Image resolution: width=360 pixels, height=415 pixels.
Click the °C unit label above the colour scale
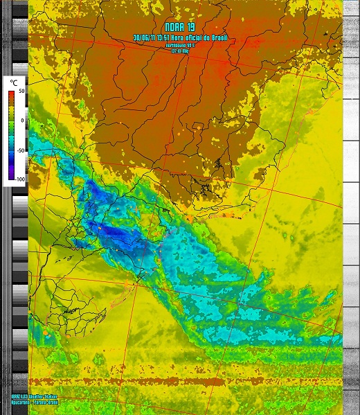tap(13, 82)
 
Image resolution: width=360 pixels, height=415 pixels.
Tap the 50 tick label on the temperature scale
tap(21, 91)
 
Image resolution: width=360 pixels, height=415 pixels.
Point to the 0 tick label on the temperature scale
tap(22, 121)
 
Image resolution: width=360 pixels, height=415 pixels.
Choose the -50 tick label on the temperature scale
tap(21, 150)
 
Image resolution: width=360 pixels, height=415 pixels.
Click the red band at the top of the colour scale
tap(12, 95)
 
